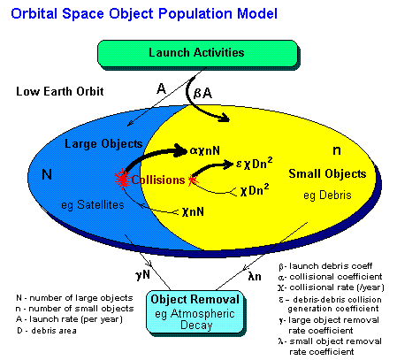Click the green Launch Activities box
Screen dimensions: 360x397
pyautogui.click(x=196, y=53)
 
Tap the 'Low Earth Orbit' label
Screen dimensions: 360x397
pyautogui.click(x=61, y=92)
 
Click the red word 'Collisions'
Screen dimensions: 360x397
pyautogui.click(x=158, y=180)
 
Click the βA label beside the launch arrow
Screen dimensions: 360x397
pyautogui.click(x=202, y=91)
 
